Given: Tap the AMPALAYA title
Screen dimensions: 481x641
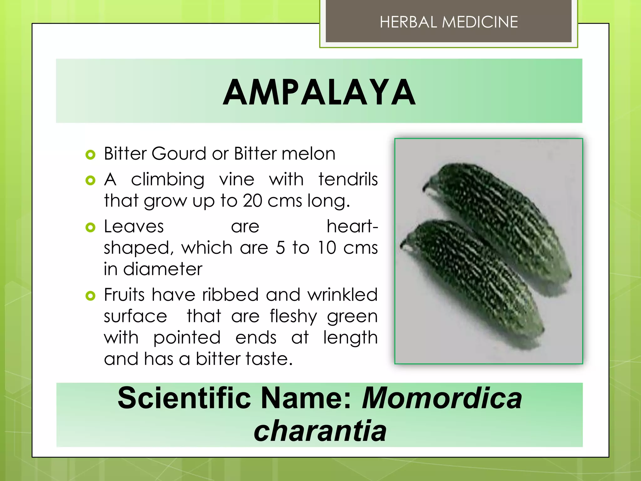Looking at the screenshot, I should click(319, 92).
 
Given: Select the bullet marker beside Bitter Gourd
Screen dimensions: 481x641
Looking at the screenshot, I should click(90, 154).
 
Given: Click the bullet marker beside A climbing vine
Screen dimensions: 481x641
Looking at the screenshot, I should click(90, 180).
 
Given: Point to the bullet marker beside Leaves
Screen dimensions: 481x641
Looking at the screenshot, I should click(90, 227).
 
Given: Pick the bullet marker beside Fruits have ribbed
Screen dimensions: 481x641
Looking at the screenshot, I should click(90, 296).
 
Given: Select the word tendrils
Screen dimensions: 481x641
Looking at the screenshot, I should click(348, 180).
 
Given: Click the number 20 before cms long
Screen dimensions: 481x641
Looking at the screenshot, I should click(252, 201).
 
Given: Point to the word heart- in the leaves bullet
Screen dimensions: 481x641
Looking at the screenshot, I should click(352, 226).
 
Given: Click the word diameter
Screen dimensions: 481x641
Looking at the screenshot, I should click(163, 269).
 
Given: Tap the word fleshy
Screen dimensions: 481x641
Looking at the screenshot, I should click(293, 316).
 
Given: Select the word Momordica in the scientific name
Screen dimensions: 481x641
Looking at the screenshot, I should click(442, 398).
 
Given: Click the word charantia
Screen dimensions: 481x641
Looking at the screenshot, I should click(320, 431).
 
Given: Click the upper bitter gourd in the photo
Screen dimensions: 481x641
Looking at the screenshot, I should click(501, 219).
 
